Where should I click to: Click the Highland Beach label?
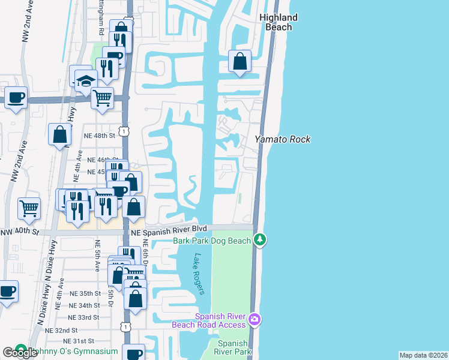coord(279,22)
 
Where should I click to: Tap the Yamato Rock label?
coord(283,139)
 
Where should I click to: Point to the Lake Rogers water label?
coord(199,274)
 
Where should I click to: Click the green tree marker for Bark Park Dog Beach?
coord(260,240)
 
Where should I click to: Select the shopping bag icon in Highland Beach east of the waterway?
coord(240,62)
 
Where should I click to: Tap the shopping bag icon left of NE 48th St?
coord(60,135)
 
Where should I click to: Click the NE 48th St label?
coord(100,136)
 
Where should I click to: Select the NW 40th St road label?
coord(19,232)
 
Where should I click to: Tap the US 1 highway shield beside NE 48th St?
coord(122,131)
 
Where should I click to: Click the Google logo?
coord(20,353)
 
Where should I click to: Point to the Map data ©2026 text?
coord(423,355)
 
